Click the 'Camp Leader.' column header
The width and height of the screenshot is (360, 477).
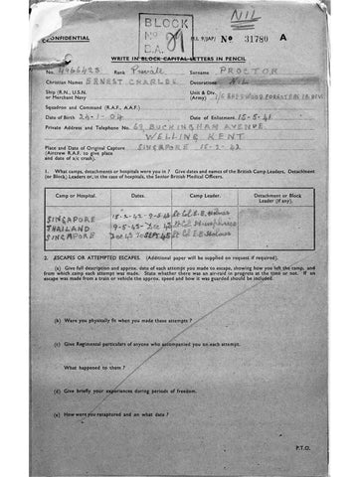211,198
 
